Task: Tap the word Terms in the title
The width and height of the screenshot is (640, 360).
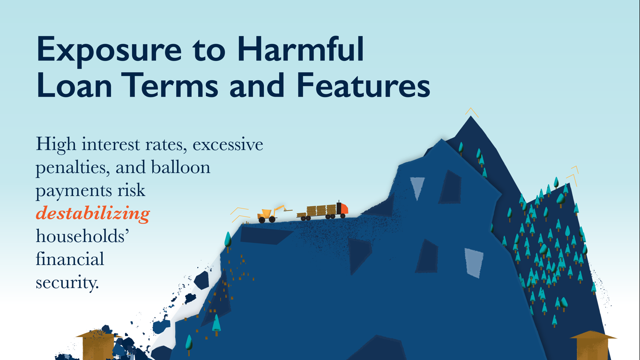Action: pyautogui.click(x=171, y=85)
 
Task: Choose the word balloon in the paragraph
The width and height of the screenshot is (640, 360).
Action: pyautogui.click(x=180, y=167)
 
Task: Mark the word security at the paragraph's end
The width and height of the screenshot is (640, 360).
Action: pyautogui.click(x=67, y=283)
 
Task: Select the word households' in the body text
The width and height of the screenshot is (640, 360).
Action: pyautogui.click(x=82, y=236)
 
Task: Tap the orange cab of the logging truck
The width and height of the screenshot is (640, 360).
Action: pyautogui.click(x=342, y=209)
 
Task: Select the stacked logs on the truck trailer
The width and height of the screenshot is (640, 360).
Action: pyautogui.click(x=321, y=210)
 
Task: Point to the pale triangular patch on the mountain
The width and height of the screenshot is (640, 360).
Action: pyautogui.click(x=417, y=187)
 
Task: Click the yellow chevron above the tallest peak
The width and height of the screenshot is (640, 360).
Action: pyautogui.click(x=471, y=112)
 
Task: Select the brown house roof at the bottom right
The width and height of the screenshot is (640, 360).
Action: pyautogui.click(x=593, y=335)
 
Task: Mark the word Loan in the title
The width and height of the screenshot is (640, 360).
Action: pyautogui.click(x=74, y=85)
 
